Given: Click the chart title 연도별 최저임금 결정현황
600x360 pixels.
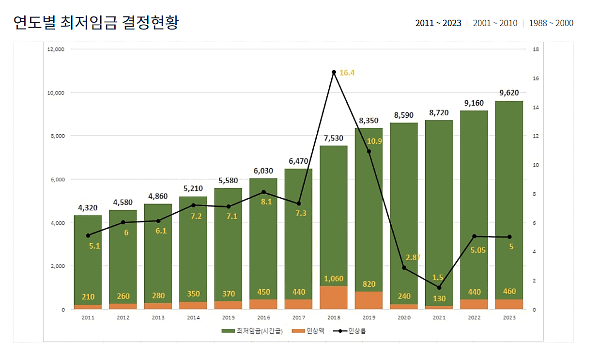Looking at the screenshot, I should (96, 22).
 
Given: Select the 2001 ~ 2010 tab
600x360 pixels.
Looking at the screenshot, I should (494, 23).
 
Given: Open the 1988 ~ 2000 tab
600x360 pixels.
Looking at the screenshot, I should (551, 23).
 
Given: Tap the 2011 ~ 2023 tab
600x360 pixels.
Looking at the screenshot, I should (438, 23).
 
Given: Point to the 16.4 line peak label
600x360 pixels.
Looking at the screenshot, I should (347, 73).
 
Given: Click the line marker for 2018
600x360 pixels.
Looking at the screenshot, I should (334, 72).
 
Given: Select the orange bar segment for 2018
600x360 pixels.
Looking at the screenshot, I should (334, 297).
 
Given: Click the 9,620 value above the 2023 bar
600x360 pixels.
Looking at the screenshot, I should (509, 93).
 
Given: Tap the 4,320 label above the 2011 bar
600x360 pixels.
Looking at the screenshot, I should (88, 208).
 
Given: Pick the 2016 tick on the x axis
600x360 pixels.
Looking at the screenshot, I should (263, 317).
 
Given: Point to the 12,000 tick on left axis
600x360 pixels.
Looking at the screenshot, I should (56, 49).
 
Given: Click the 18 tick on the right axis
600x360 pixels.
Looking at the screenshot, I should (535, 49).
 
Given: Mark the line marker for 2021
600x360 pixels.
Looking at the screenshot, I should (439, 288).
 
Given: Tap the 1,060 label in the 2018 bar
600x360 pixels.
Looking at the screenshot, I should (334, 279).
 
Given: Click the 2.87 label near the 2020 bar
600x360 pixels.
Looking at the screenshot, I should (413, 257).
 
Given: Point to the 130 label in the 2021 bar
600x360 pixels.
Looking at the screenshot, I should (439, 298).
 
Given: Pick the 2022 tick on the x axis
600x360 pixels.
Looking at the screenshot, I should (474, 317).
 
